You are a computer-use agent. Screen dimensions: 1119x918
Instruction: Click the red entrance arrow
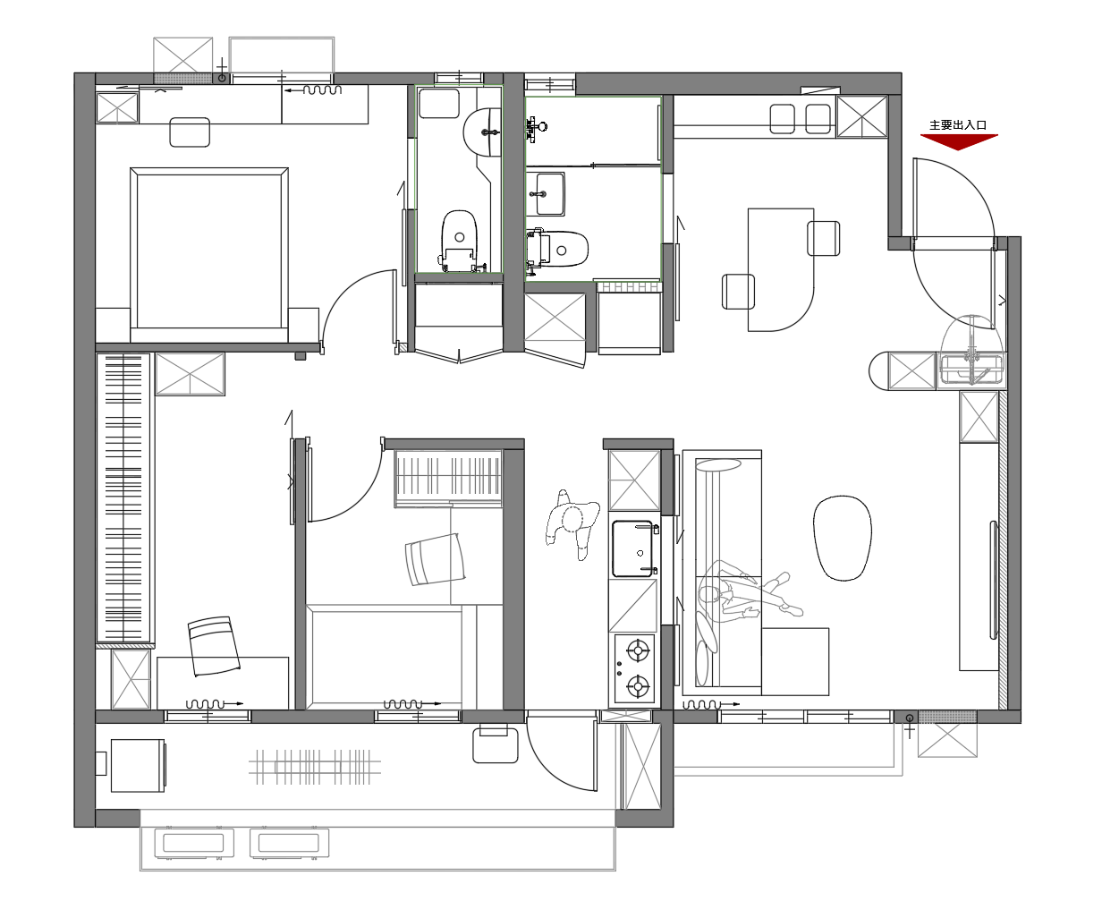958,141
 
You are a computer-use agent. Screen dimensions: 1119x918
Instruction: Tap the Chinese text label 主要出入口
958,125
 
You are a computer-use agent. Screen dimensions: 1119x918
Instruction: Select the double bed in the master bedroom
209,255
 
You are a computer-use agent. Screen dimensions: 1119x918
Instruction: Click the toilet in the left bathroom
459,241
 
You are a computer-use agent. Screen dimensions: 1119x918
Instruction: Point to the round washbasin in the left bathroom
483,132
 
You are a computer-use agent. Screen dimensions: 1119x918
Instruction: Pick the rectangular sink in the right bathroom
545,193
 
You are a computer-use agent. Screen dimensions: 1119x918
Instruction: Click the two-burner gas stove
634,668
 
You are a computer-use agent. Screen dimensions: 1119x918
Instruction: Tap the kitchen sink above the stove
633,548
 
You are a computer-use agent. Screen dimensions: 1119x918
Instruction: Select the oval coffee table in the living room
842,538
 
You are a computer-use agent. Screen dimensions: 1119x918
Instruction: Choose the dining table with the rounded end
780,269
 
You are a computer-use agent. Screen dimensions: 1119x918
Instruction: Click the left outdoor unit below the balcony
194,843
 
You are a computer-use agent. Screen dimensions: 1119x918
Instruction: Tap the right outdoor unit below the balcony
289,843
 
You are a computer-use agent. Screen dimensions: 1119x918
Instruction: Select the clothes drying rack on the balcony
315,767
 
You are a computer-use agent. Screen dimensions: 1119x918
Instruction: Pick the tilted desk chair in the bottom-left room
214,646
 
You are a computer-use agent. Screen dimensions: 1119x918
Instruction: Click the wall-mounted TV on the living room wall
994,580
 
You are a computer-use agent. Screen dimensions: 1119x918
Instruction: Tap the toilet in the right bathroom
557,249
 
